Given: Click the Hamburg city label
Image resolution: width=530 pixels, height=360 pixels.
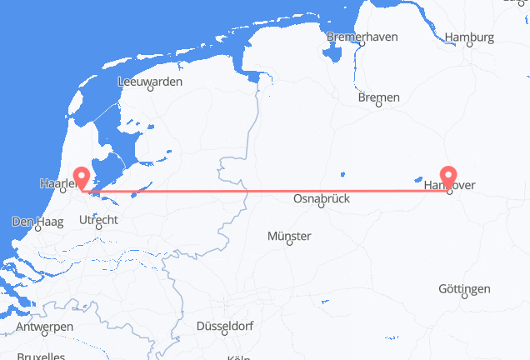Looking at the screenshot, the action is tap(470, 37).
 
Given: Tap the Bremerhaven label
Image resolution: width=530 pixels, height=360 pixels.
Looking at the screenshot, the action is tap(362, 37).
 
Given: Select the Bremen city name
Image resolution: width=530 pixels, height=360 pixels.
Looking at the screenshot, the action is tap(378, 97).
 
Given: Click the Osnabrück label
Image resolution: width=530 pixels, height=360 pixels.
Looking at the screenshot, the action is tap(321, 199).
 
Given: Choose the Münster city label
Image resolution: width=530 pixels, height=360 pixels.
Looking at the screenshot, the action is tap(289, 237).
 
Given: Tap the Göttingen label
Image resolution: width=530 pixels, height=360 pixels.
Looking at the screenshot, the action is tap(464, 288).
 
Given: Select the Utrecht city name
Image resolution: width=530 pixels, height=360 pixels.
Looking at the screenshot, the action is tap(99, 219).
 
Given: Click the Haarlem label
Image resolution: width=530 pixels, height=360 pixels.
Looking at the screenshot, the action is tap(57, 180).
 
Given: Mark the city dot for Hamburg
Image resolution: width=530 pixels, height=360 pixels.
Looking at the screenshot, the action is tap(469, 46).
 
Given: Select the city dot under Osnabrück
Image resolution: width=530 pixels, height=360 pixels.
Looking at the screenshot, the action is tap(322, 209).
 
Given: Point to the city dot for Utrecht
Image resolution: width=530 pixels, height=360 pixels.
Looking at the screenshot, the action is tap(99, 228).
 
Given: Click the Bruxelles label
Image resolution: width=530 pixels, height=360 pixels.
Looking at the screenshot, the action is tap(40, 357).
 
